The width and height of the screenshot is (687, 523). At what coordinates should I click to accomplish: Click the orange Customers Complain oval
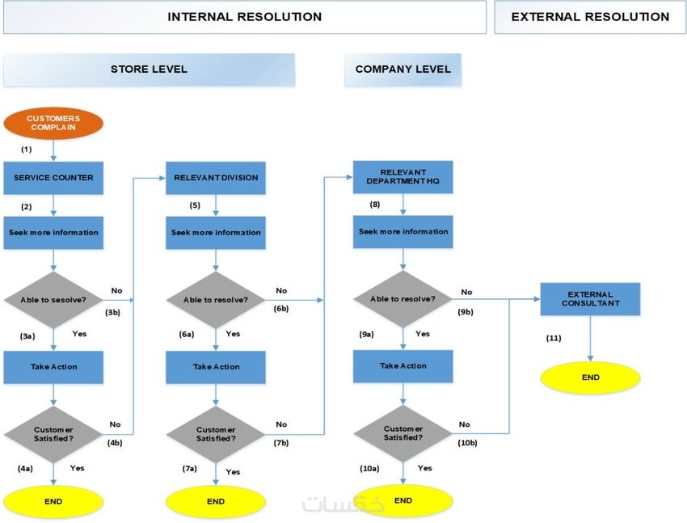pos(53,124)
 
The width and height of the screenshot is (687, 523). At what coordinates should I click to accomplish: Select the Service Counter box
pos(53,178)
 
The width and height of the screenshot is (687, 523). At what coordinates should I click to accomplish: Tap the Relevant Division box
pos(216,178)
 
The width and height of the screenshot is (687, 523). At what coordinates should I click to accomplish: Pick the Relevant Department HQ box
pos(403,177)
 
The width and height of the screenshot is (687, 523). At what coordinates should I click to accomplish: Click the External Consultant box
pos(590,299)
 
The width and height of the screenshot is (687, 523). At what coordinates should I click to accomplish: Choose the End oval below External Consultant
pos(591,377)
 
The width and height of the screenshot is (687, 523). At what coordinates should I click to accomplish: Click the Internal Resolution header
pos(244,17)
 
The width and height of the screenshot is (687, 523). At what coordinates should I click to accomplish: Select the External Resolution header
pos(590,17)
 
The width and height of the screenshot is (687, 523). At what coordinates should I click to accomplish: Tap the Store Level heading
pos(149,70)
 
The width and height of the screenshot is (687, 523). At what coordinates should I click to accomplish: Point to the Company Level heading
pos(403,70)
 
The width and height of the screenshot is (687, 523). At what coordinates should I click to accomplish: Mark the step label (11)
pos(554,338)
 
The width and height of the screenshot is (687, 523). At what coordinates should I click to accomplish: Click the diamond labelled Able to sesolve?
pos(53,300)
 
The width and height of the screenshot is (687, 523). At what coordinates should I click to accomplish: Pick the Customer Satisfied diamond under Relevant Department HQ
pos(403,433)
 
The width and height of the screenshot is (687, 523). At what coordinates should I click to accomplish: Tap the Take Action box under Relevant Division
pos(216,367)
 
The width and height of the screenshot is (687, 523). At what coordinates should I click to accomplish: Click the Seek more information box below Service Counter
pos(53,233)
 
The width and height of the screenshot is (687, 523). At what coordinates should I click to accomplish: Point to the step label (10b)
pos(467,443)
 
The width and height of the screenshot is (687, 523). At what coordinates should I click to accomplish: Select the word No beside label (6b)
pos(280,291)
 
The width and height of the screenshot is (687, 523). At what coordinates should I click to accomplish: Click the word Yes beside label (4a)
pos(77,468)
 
